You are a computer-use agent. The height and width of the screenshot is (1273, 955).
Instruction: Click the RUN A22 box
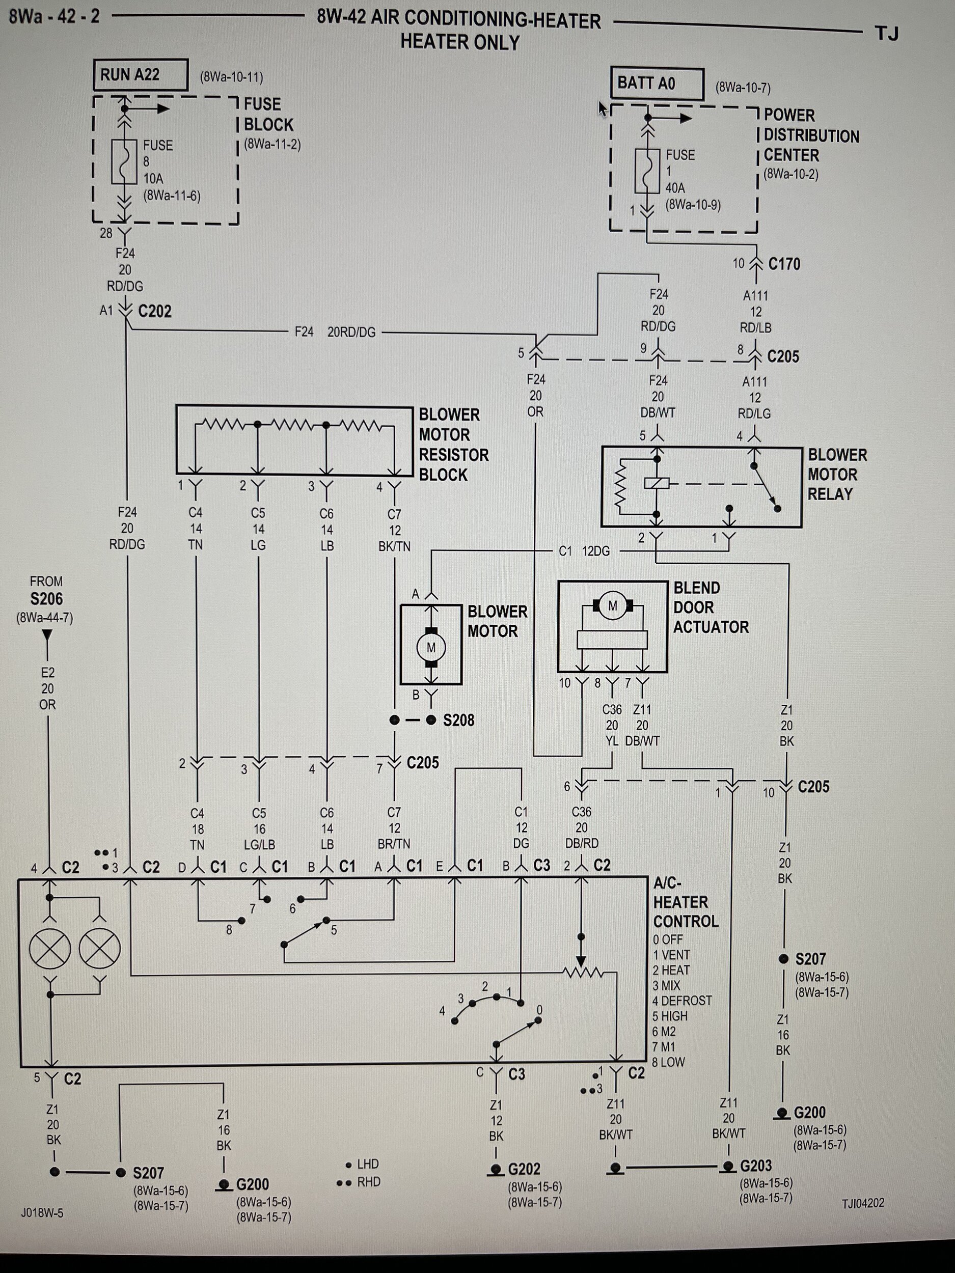(x=141, y=75)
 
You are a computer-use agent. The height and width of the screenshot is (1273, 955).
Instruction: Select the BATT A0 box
(x=657, y=84)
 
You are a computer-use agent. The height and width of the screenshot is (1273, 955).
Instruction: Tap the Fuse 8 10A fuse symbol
(x=124, y=162)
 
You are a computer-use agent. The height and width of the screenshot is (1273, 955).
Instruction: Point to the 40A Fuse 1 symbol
(x=647, y=171)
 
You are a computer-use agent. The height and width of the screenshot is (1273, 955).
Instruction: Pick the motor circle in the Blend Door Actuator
(x=613, y=605)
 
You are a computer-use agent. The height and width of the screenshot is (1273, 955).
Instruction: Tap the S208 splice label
(x=458, y=720)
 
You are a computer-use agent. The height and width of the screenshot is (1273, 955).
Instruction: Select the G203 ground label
(x=755, y=1166)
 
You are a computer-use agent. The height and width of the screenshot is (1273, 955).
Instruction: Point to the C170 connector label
(x=784, y=264)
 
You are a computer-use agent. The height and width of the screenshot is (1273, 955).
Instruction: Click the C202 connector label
(x=155, y=311)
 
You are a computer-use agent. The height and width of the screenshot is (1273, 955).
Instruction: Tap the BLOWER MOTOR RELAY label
(x=836, y=474)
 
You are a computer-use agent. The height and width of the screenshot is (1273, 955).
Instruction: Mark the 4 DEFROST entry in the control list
(x=681, y=1000)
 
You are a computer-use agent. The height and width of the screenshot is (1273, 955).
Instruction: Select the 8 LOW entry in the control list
(x=668, y=1062)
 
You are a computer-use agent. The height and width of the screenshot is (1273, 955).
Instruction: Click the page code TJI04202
(x=862, y=1202)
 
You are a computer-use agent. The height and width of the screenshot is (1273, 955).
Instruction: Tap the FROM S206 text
(x=46, y=591)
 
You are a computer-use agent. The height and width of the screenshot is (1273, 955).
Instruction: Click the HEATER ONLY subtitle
(x=459, y=43)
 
